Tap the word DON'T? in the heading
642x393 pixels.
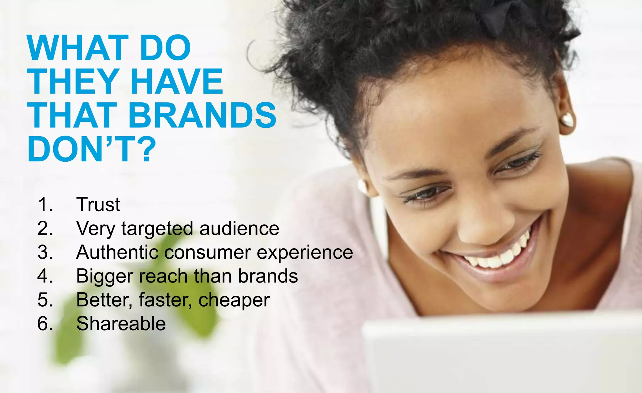point(92,149)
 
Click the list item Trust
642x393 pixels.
point(98,204)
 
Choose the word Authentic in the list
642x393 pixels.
point(117,252)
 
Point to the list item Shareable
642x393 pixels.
point(121,324)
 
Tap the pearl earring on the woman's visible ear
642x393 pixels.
point(567,120)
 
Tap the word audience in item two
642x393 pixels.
point(239,228)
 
